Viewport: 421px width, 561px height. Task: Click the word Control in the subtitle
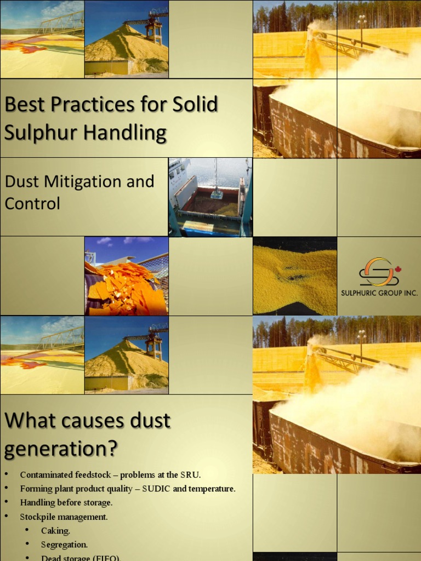(x=32, y=203)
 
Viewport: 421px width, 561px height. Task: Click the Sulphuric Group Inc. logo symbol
(x=378, y=272)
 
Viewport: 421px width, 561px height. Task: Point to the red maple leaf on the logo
(x=397, y=269)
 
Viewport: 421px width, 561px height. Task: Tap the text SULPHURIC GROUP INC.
(x=379, y=293)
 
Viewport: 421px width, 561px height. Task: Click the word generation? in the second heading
(x=61, y=449)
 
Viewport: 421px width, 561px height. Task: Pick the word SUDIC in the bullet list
(x=157, y=489)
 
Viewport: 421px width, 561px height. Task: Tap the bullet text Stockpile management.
(x=64, y=517)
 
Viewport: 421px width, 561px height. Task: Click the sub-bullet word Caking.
(x=55, y=531)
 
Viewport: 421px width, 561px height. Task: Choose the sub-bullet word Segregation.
(x=64, y=545)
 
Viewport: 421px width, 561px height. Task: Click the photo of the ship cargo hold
(x=210, y=197)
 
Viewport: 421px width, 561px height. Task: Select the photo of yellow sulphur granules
(x=295, y=276)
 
